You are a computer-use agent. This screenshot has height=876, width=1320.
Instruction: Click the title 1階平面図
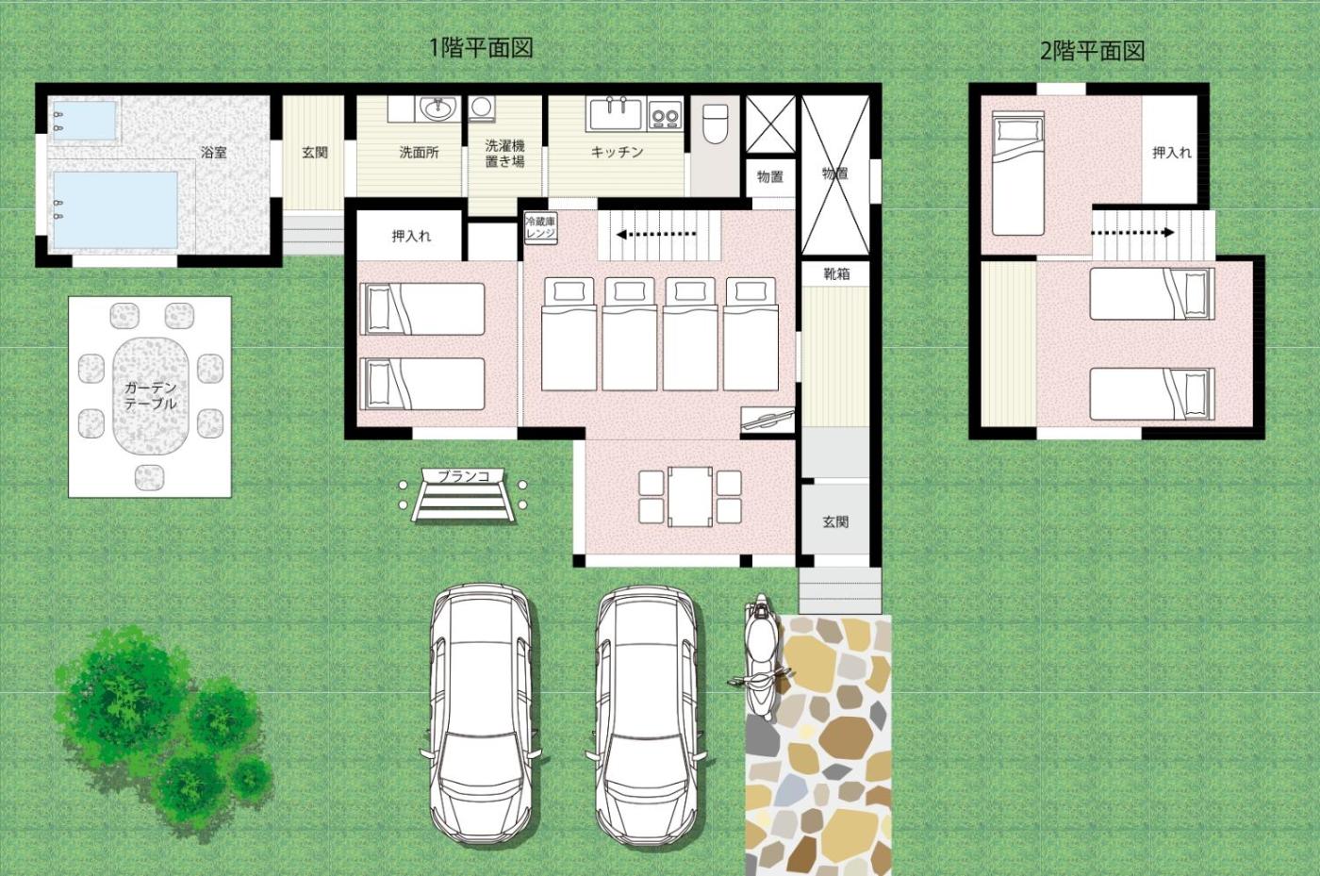click(x=482, y=48)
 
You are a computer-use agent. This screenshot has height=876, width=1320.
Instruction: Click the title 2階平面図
click(x=1092, y=51)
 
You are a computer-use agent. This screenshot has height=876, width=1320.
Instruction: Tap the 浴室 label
click(x=214, y=152)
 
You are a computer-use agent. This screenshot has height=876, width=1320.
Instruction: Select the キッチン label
click(x=617, y=152)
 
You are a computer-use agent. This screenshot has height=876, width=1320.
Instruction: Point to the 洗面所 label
click(x=419, y=152)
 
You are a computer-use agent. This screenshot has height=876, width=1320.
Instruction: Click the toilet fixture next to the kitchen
click(x=716, y=124)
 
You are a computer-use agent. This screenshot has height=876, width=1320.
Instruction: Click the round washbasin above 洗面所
click(x=437, y=108)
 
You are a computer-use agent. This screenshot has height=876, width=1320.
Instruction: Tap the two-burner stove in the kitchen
click(x=665, y=114)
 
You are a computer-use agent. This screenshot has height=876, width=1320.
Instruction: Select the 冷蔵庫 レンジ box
click(x=541, y=227)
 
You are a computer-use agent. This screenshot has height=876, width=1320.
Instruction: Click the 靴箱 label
click(x=835, y=273)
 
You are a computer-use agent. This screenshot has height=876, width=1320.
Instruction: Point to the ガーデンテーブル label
click(x=150, y=395)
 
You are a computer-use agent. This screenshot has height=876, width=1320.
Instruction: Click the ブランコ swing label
click(x=464, y=476)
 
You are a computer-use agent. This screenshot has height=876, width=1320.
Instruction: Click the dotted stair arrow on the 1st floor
click(x=656, y=235)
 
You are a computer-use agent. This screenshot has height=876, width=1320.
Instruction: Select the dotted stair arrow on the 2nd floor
click(x=1132, y=232)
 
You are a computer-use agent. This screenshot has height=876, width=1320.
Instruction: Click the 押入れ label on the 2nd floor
click(x=1171, y=153)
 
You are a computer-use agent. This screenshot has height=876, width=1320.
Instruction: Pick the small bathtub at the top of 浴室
click(x=84, y=121)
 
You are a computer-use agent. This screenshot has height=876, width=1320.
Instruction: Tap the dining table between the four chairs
click(x=690, y=496)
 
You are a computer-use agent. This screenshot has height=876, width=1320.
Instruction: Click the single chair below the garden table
click(x=149, y=477)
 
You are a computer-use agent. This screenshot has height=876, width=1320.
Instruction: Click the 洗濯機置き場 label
click(x=504, y=154)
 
